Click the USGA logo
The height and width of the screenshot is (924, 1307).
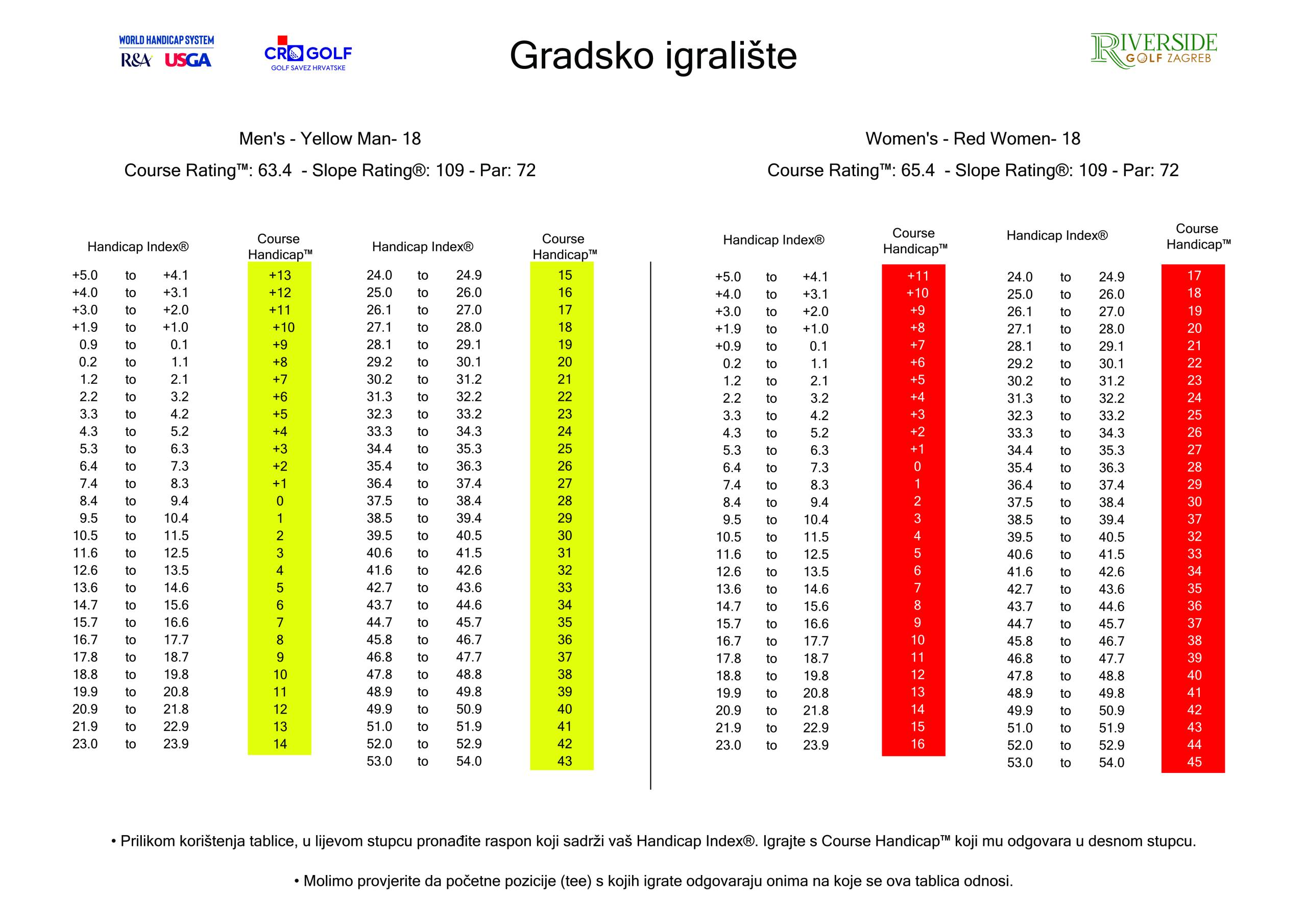[x=188, y=60]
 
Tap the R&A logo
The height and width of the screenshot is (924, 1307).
[x=135, y=60]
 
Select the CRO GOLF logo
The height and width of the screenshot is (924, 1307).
[x=308, y=54]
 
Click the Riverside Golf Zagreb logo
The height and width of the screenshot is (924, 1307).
[x=1153, y=51]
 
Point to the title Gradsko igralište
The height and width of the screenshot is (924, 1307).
[x=653, y=55]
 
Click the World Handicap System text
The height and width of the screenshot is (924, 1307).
[x=166, y=40]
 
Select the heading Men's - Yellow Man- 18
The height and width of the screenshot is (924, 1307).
[x=330, y=138]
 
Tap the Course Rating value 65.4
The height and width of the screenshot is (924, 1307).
[x=917, y=170]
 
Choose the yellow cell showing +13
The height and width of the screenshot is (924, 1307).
[x=279, y=276]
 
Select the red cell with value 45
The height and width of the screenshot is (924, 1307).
[x=1194, y=762]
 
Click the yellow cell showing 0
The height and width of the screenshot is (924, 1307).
[x=279, y=501]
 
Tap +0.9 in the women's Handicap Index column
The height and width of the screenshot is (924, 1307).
[x=728, y=346]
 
